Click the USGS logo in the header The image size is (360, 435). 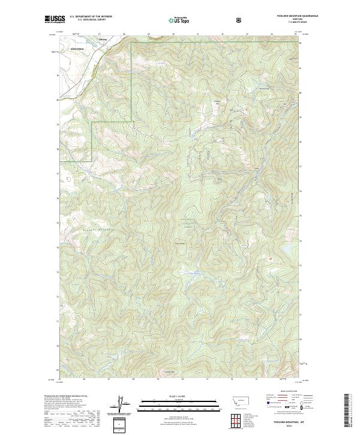pyautogui.click(x=55, y=19)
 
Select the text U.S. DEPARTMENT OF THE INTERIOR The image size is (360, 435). pyautogui.click(x=91, y=17)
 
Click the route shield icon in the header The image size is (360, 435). pyautogui.click(x=239, y=19)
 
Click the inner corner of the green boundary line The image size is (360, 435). pyautogui.click(x=92, y=122)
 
